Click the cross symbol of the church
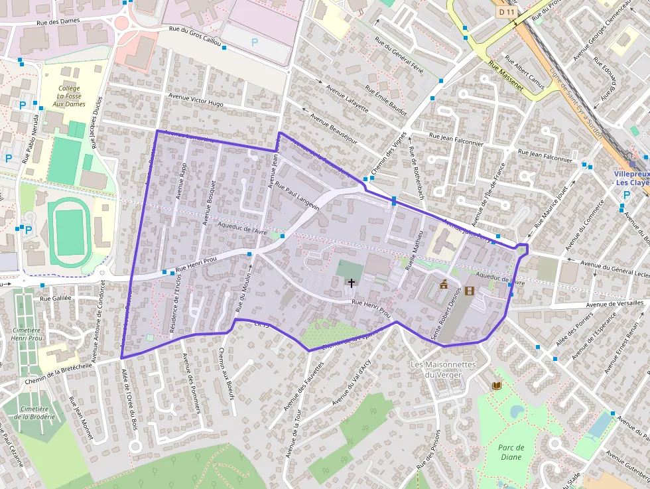tap(351, 283)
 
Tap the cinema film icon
tap(470, 291)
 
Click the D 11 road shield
tap(506, 12)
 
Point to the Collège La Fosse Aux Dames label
tap(69, 96)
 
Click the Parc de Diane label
tap(511, 452)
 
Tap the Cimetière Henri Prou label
tap(27, 334)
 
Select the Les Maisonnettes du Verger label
tap(443, 370)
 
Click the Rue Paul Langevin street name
tap(297, 197)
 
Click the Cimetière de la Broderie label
tap(34, 413)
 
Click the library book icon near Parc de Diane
tap(497, 385)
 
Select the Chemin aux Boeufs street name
tap(226, 374)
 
